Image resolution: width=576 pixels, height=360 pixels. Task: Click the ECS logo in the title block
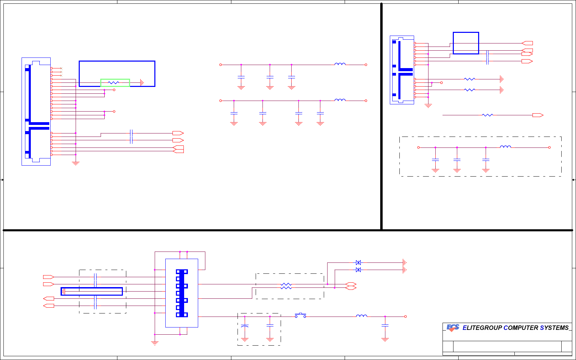[453, 328]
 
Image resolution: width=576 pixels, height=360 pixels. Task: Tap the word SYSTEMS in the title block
[554, 328]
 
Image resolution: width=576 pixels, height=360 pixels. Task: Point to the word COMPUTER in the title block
[521, 328]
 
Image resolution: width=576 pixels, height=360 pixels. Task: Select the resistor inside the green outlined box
[113, 82]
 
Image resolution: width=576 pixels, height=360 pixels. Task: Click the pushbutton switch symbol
[300, 315]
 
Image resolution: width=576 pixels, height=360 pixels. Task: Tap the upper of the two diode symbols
[358, 262]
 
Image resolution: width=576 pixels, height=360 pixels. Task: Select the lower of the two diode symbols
[358, 270]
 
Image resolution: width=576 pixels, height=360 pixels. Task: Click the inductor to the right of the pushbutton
[361, 316]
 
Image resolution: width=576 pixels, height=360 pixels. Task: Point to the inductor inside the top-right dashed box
[505, 147]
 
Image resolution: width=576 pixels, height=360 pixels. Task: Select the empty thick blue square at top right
[466, 43]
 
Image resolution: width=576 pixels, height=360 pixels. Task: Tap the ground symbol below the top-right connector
[428, 106]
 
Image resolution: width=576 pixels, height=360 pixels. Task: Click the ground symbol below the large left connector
[76, 163]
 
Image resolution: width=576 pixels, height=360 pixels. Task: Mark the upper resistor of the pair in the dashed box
[286, 284]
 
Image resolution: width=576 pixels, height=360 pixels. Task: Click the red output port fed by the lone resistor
[538, 115]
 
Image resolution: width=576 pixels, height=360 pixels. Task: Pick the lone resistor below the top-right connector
[487, 115]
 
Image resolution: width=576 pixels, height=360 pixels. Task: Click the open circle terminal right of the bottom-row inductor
[406, 317]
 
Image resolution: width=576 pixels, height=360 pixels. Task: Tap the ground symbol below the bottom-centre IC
[155, 343]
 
